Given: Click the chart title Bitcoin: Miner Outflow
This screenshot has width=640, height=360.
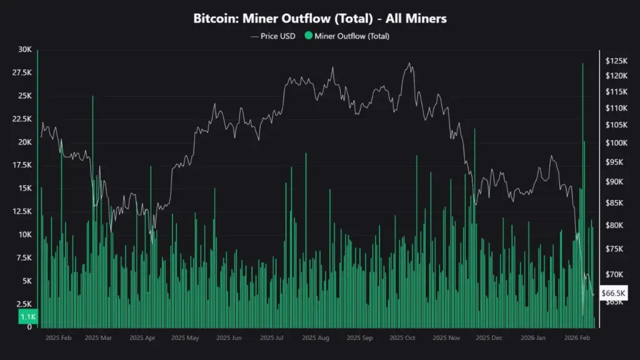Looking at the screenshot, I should pyautogui.click(x=319, y=19).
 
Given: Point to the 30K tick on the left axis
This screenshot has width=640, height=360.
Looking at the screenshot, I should pyautogui.click(x=25, y=50).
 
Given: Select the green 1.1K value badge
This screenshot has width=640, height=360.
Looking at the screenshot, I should pyautogui.click(x=27, y=317).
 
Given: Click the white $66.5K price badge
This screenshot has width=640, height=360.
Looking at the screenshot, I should pyautogui.click(x=613, y=292).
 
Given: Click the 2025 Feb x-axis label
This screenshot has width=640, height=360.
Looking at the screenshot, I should pyautogui.click(x=59, y=337).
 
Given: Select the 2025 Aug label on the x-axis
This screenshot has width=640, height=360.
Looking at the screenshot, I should pyautogui.click(x=316, y=337).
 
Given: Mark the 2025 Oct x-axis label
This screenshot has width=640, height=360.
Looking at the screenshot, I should pyautogui.click(x=402, y=337).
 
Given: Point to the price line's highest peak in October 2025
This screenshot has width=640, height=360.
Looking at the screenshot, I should pyautogui.click(x=409, y=63).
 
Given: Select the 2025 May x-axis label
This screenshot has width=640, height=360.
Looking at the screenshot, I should pyautogui.click(x=185, y=337).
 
